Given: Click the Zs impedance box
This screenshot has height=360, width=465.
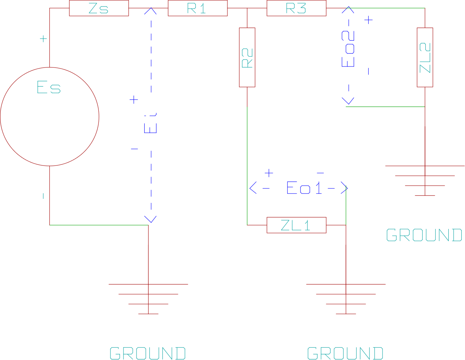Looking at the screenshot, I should pyautogui.click(x=99, y=8).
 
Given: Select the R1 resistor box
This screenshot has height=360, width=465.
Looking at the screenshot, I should pyautogui.click(x=198, y=8).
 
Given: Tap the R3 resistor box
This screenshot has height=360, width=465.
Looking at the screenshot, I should pyautogui.click(x=296, y=8).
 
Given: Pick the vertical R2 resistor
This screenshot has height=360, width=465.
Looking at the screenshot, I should pyautogui.click(x=247, y=57).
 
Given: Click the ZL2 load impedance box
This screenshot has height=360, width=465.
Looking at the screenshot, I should pyautogui.click(x=425, y=57).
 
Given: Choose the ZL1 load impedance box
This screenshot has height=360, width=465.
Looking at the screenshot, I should pyautogui.click(x=296, y=225).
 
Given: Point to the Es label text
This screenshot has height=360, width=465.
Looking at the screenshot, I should pyautogui.click(x=49, y=88).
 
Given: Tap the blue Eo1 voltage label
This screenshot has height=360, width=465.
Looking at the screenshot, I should pyautogui.click(x=304, y=188).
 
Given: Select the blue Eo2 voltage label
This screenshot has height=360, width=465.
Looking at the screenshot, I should pyautogui.click(x=348, y=49).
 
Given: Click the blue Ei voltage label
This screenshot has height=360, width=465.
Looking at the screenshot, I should pyautogui.click(x=151, y=123).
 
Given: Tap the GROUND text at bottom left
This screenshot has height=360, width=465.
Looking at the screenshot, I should pyautogui.click(x=147, y=353).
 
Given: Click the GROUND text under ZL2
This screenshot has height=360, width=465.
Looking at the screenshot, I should pyautogui.click(x=424, y=236).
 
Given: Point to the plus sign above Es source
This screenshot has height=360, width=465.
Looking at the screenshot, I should pyautogui.click(x=43, y=39).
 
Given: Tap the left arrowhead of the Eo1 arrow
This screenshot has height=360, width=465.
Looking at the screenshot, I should pyautogui.click(x=253, y=188).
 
